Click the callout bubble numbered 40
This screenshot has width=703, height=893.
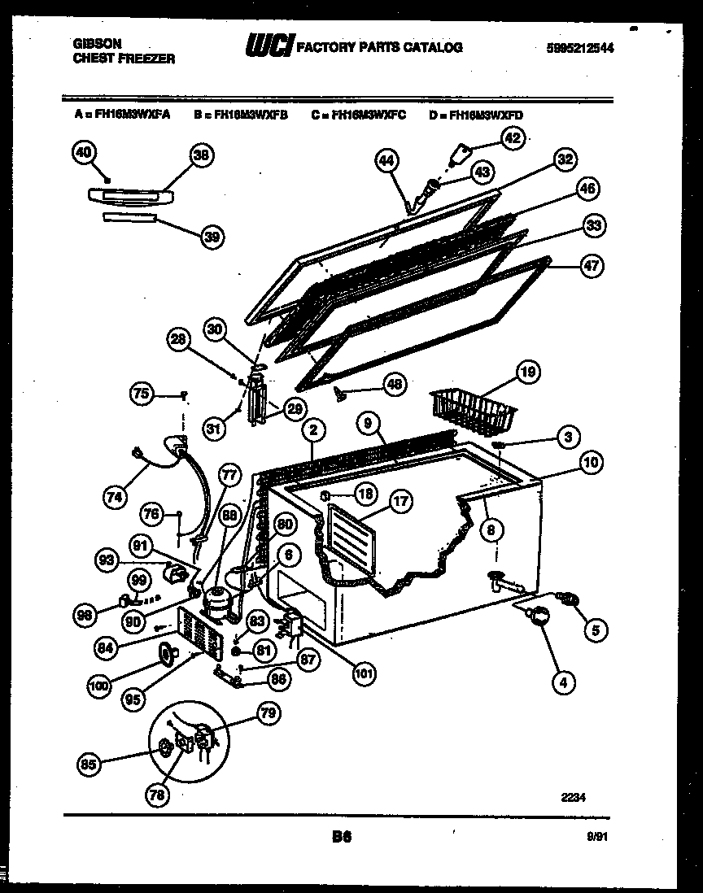click(84, 152)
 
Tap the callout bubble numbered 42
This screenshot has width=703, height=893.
click(511, 138)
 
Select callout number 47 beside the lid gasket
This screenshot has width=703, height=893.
click(593, 268)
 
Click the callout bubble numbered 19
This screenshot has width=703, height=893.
click(527, 373)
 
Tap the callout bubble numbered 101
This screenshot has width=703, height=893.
click(364, 672)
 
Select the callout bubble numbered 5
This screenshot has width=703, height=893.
click(596, 629)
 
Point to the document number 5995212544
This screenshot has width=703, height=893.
click(579, 48)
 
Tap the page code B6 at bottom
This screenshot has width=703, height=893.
click(341, 835)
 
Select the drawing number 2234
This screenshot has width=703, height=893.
click(574, 799)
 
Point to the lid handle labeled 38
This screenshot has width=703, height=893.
click(130, 195)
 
